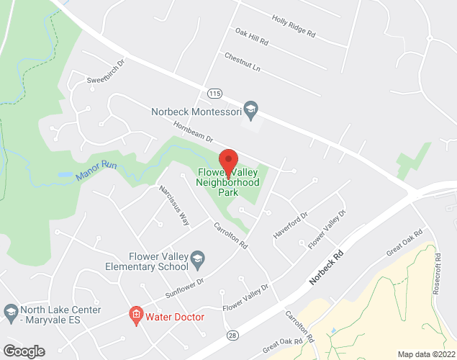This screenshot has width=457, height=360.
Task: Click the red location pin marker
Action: [228, 161]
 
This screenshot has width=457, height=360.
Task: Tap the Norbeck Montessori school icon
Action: [250, 110]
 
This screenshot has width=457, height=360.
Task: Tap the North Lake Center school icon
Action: [10, 311]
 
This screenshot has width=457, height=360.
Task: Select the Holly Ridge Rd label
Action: [294, 27]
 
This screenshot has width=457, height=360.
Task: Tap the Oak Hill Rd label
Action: [251, 37]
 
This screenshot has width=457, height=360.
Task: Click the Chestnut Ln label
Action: [242, 62]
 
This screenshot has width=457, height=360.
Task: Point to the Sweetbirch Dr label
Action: [106, 79]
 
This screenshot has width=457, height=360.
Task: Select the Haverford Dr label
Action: [290, 226]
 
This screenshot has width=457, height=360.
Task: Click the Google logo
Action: [23, 351]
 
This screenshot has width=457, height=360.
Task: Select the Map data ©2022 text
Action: [427, 354]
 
